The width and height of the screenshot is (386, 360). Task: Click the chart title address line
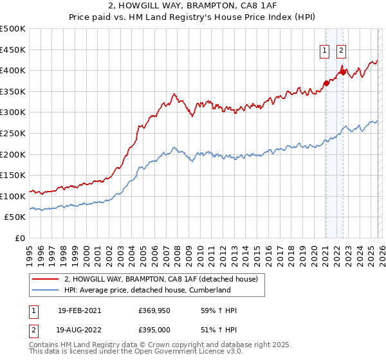(x=193, y=6)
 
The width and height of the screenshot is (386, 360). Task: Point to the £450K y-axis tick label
(x=13, y=50)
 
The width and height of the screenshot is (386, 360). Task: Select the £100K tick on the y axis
(x=13, y=197)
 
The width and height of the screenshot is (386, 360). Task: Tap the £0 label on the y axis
(x=20, y=239)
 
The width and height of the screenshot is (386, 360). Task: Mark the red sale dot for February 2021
(x=326, y=83)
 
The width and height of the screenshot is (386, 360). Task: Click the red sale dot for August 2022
(x=343, y=72)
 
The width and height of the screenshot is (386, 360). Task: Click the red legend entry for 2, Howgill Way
(x=161, y=279)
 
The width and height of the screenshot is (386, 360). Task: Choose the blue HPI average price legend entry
(x=147, y=290)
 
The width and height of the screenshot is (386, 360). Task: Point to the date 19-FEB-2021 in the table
(x=79, y=310)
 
